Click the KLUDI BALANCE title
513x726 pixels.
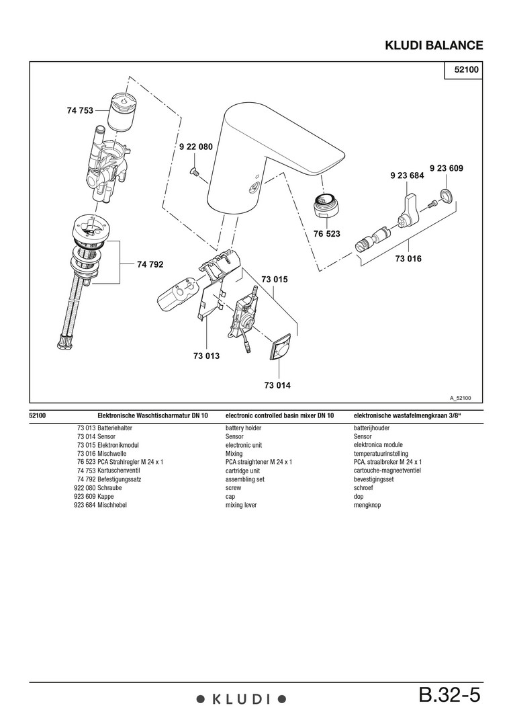coord(434,46)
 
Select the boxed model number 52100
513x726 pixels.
coord(464,71)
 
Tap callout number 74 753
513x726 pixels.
coord(80,111)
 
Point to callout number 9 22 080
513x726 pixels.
coord(195,147)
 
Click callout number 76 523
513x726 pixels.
coord(327,234)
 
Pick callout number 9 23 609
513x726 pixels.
coord(447,168)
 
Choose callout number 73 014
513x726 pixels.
coord(277,385)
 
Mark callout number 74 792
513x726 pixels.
coord(150,265)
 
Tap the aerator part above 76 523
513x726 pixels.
coord(324,205)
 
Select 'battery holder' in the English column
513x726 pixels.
coord(243,428)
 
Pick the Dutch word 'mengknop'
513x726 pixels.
coord(367,505)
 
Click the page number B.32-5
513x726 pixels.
coord(449,694)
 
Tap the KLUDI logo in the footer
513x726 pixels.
coord(241,700)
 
